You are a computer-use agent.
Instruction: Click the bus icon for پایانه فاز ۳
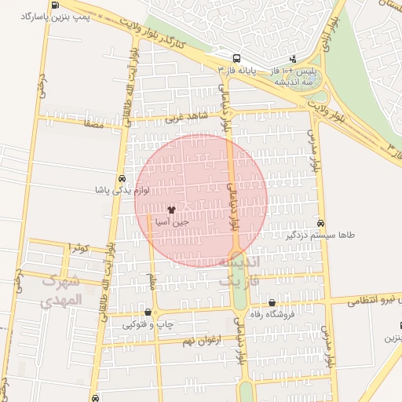[236, 58]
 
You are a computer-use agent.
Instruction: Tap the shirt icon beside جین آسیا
[172, 210]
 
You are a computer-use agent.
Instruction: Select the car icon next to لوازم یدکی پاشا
[121, 178]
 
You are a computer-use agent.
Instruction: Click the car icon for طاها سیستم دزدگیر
[320, 223]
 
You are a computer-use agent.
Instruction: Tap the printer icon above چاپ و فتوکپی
[148, 312]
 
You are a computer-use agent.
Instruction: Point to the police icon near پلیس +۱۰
[293, 58]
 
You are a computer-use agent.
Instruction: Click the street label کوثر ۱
[80, 247]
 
